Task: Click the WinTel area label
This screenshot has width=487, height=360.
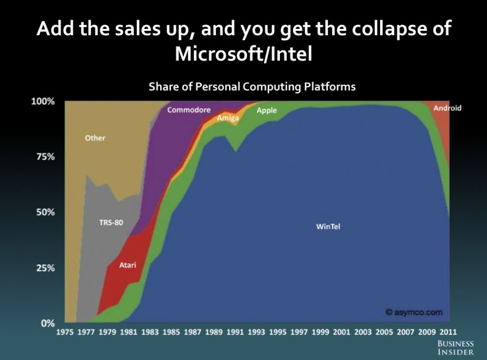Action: pos(328,226)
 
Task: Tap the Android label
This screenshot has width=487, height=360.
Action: pos(447,108)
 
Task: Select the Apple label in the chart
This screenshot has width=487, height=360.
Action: pos(266,111)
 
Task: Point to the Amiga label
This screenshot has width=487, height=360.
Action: pos(227,118)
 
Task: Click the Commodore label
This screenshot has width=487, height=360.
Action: pos(189,109)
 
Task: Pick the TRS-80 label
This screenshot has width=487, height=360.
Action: pos(111,222)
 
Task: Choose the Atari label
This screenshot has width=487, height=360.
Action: pos(128,265)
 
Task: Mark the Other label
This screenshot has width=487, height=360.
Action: pos(95,138)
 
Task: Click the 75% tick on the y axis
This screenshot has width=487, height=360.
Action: pos(45,157)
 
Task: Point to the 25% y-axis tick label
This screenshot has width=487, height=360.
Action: pos(45,268)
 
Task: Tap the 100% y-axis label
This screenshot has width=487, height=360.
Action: pos(43,101)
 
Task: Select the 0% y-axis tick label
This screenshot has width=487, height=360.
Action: pos(48,323)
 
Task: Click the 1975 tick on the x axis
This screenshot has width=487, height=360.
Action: pos(65,332)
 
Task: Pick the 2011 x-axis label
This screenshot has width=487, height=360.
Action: pos(448,332)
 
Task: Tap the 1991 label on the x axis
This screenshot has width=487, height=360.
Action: pos(235,332)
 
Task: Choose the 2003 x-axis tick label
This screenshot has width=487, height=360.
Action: pos(363,332)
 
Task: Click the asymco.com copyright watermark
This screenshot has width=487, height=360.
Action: pos(414,312)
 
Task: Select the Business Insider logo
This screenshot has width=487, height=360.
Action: pos(455,348)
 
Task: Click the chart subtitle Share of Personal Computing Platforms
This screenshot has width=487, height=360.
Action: pos(252,87)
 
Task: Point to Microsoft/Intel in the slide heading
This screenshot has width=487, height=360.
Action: pos(243,54)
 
